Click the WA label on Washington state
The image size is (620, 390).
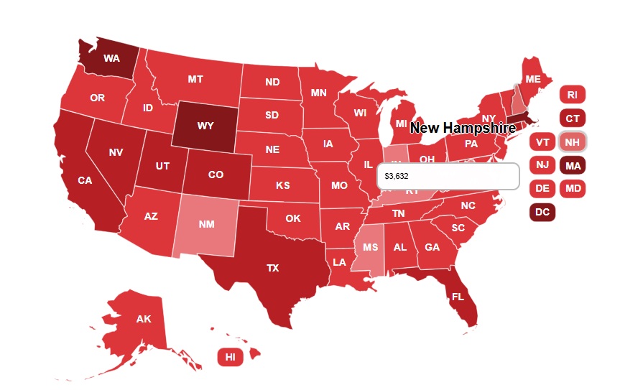(111, 57)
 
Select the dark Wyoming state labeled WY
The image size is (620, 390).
(205, 126)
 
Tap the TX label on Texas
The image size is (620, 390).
(272, 268)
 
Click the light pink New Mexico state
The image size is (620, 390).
(206, 224)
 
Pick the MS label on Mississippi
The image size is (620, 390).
(370, 247)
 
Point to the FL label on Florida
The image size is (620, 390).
(458, 296)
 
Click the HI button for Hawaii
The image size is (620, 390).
(230, 356)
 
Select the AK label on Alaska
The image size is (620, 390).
(143, 319)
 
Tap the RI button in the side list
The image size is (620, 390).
(572, 94)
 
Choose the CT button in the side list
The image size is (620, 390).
(572, 119)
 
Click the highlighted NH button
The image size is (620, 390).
(572, 142)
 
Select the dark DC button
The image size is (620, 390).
(542, 212)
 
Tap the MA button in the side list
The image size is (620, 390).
(572, 166)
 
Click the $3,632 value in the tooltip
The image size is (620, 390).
(397, 176)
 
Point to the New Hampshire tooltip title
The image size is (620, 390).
(463, 129)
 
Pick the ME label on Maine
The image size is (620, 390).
(532, 79)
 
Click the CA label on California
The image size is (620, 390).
(85, 180)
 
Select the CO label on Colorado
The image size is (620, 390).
(216, 175)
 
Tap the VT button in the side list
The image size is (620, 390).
(542, 142)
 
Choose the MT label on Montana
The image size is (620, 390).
(195, 79)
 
